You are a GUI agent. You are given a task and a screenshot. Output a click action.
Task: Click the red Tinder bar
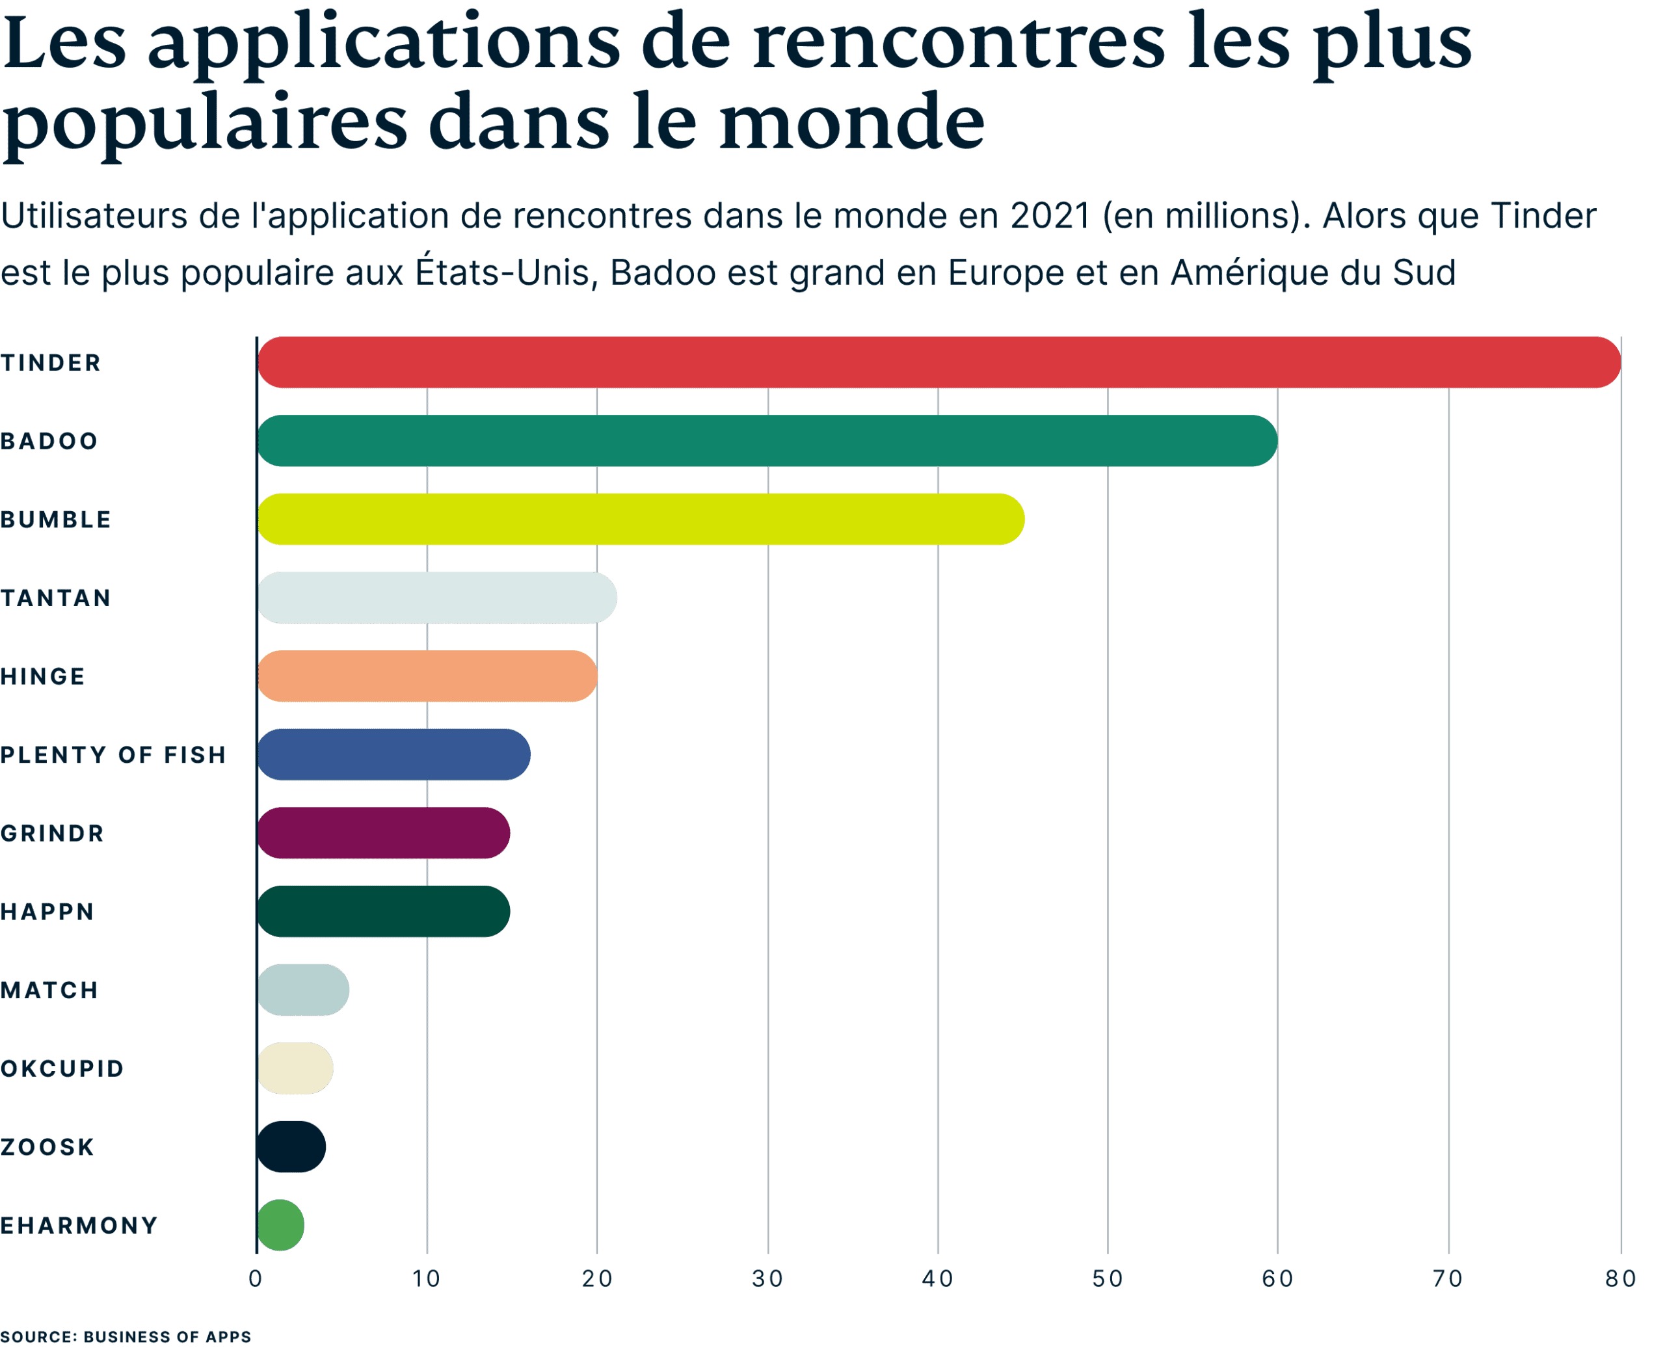938,362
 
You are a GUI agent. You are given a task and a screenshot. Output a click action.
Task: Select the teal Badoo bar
767,441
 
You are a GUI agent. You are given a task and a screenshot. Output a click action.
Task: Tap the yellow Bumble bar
641,520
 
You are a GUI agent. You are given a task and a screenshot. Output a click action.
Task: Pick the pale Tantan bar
437,597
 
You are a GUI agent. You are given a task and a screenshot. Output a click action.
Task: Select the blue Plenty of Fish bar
393,754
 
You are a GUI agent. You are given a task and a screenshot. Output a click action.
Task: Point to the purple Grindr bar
383,833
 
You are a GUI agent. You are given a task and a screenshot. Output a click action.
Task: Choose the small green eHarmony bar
280,1224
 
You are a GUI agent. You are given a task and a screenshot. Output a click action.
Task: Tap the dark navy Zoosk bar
291,1146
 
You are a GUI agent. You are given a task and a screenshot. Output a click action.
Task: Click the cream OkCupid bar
295,1068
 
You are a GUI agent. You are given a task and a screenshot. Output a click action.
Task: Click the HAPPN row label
47,912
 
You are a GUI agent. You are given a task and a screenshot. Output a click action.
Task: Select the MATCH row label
49,990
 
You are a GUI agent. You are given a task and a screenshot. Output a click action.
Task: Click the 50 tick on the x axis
1108,1278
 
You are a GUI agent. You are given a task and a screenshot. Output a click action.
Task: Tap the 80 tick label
1621,1278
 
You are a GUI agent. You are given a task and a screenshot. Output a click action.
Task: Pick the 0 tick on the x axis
256,1278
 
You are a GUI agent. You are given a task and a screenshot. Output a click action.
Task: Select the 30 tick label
767,1278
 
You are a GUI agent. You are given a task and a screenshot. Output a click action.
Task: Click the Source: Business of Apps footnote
126,1336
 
